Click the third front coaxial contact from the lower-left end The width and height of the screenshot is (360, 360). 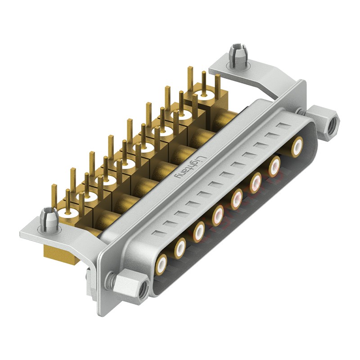[x=199, y=230]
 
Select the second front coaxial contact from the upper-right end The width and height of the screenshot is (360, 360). [x=274, y=167]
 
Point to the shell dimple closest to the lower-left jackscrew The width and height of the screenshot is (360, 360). [x=157, y=233]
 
